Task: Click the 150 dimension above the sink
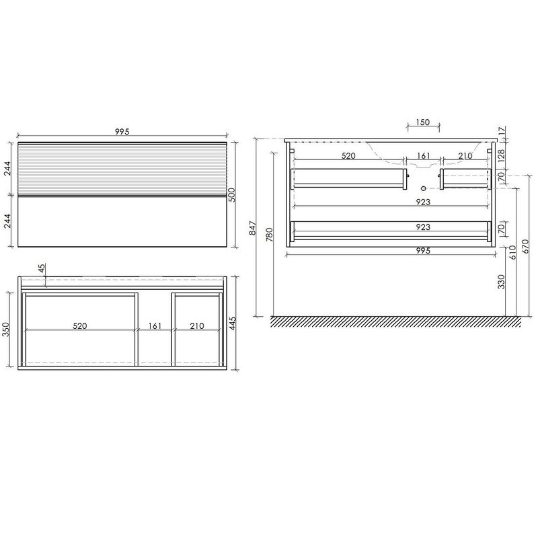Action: [423, 122]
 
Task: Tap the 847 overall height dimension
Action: [253, 228]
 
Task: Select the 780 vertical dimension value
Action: [270, 234]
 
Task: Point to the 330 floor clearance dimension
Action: [501, 282]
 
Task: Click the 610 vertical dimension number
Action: [512, 252]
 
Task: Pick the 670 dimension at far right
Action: [526, 246]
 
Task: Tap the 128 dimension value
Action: [501, 156]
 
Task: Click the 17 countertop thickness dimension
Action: [502, 130]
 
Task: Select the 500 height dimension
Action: [232, 195]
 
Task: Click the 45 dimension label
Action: [41, 268]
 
